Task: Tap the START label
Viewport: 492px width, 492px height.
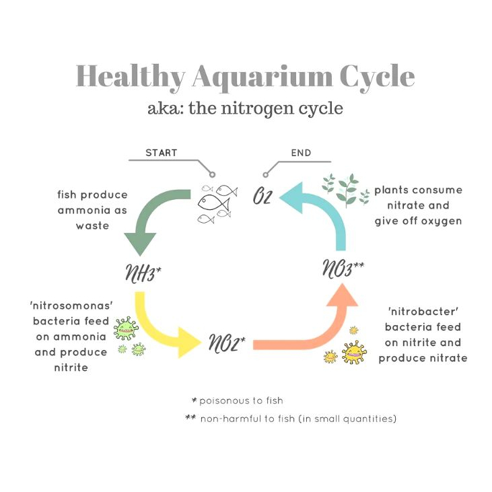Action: click(x=161, y=153)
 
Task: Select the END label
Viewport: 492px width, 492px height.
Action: click(x=301, y=153)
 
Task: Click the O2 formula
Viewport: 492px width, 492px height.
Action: click(x=262, y=198)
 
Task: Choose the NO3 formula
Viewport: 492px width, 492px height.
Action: click(x=342, y=269)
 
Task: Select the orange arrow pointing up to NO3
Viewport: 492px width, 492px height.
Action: click(x=316, y=330)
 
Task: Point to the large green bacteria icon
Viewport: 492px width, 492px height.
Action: click(x=126, y=328)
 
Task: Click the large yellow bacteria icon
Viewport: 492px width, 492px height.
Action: click(x=353, y=352)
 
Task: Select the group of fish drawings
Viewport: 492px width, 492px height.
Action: click(x=218, y=202)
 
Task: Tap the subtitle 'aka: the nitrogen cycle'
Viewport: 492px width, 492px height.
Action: click(x=245, y=108)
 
